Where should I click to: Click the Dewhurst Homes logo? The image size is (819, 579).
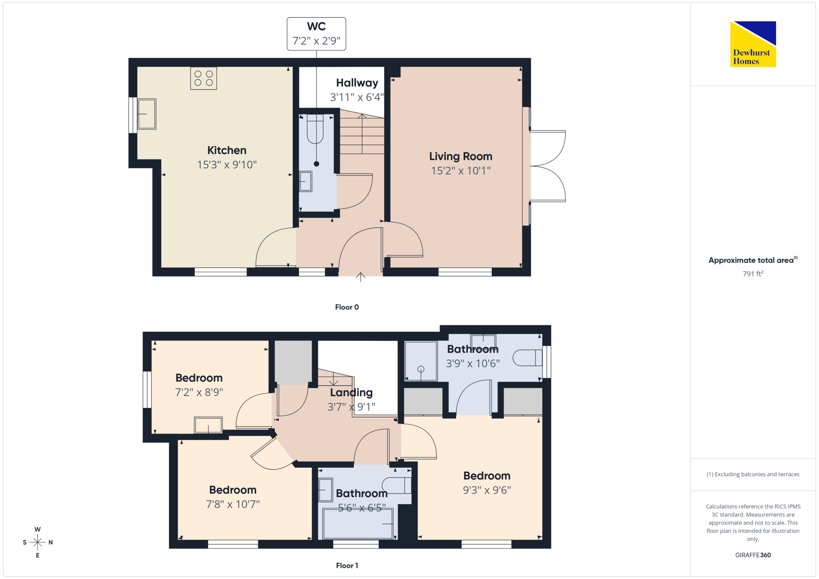753,44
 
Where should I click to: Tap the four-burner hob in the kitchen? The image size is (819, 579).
204,78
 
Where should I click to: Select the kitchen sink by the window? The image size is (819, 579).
147,114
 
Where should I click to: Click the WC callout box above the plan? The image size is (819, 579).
317,34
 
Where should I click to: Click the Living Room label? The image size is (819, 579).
461,156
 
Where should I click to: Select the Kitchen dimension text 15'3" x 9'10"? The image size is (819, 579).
227,165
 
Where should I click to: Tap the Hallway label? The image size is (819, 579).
357,83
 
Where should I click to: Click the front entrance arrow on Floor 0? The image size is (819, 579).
360,277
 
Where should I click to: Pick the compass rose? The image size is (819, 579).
38,543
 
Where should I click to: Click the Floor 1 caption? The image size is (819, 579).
347,565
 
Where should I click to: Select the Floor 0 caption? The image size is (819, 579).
347,307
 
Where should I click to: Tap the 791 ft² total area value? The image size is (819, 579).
753,274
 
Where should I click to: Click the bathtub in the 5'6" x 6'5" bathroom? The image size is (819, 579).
358,524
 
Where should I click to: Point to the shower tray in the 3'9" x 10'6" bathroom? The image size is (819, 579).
421,361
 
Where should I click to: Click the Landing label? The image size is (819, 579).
351,393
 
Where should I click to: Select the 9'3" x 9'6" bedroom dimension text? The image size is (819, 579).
487,490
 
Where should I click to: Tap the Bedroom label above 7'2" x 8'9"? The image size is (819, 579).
199,378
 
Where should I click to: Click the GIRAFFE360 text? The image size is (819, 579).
753,555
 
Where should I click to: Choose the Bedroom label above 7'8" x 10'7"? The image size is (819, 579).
233,490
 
